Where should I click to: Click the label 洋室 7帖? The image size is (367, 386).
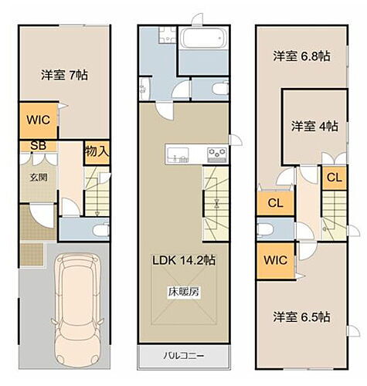point(64,75)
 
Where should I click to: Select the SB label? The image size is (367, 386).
point(36,145)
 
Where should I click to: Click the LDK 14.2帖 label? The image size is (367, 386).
point(183,260)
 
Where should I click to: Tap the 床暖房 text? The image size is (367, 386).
point(183,292)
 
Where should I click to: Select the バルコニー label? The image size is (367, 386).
point(183,356)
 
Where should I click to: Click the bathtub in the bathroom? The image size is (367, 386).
point(202,38)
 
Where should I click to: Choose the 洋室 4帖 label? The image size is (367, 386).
point(313,126)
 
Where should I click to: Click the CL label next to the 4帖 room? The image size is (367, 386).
point(334,177)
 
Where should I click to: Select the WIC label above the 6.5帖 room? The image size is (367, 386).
point(275,260)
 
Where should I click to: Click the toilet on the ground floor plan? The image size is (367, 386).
point(99,229)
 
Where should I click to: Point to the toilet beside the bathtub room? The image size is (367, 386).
point(219,90)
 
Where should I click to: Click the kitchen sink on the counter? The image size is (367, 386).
point(173,153)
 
